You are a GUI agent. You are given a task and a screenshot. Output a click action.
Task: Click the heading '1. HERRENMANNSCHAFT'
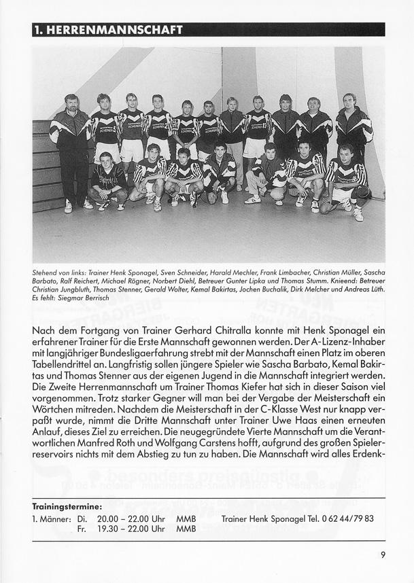(x=109, y=30)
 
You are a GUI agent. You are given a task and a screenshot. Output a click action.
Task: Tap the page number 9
(x=383, y=554)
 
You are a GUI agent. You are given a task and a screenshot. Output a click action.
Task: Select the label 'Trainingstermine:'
(x=67, y=507)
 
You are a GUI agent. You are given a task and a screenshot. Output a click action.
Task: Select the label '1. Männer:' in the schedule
(x=52, y=518)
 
